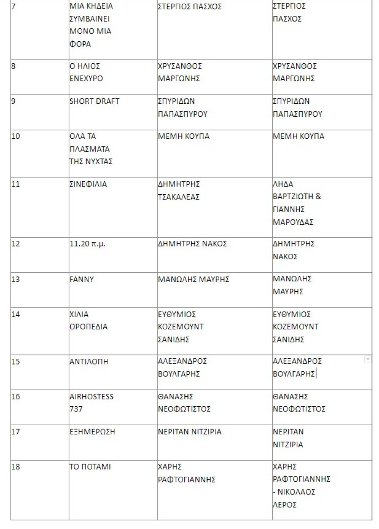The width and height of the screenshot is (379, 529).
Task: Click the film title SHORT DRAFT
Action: tap(94, 101)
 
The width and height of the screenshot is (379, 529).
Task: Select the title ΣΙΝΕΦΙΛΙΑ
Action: tap(88, 184)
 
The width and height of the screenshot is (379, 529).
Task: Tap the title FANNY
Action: tap(81, 279)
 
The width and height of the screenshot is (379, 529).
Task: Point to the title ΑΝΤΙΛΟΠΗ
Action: tap(89, 362)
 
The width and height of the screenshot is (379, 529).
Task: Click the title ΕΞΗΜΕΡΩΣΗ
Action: tap(92, 432)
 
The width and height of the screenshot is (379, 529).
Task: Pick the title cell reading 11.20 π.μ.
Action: tap(87, 244)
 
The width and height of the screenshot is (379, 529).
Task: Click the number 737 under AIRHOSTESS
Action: tap(76, 409)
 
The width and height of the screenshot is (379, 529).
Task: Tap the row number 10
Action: tap(16, 137)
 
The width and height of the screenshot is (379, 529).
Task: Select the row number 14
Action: tap(16, 314)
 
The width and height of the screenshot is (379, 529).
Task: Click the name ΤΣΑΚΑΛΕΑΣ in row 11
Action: tap(179, 197)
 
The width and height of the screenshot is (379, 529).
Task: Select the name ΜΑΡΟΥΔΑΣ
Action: tap(293, 222)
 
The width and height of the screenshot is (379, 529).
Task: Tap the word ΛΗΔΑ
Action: tap(283, 184)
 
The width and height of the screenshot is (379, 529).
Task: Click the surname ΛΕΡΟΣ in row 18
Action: tap(285, 505)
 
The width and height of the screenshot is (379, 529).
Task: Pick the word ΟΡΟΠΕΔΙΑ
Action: tap(89, 327)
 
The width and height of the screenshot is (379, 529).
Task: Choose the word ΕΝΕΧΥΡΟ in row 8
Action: tap(86, 79)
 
